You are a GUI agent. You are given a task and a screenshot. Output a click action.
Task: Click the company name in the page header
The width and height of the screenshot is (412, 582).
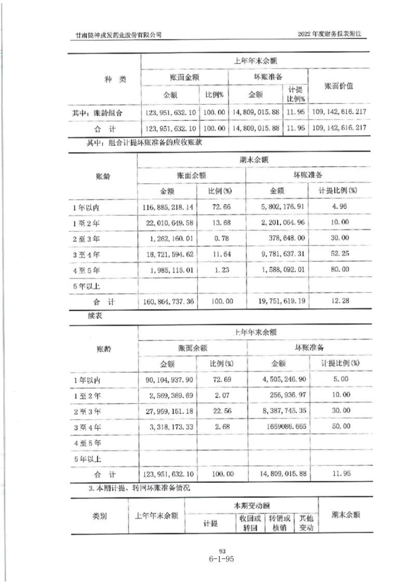coord(118,34)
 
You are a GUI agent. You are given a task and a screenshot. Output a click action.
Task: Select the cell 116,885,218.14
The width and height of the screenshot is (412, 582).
coord(167,207)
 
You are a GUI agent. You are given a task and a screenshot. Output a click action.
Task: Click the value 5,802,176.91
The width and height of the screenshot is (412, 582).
coord(280,207)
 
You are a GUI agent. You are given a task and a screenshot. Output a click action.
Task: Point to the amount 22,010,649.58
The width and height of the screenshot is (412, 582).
coord(167,223)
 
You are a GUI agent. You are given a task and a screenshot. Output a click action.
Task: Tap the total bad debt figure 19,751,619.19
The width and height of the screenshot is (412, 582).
coord(280,301)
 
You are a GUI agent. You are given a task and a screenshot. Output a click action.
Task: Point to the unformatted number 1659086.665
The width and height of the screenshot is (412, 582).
coord(285,427)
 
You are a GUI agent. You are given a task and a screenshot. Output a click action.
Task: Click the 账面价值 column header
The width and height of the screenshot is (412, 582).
coord(339,86)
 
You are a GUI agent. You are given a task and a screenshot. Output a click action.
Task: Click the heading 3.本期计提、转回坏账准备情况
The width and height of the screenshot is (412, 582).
coord(140,489)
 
